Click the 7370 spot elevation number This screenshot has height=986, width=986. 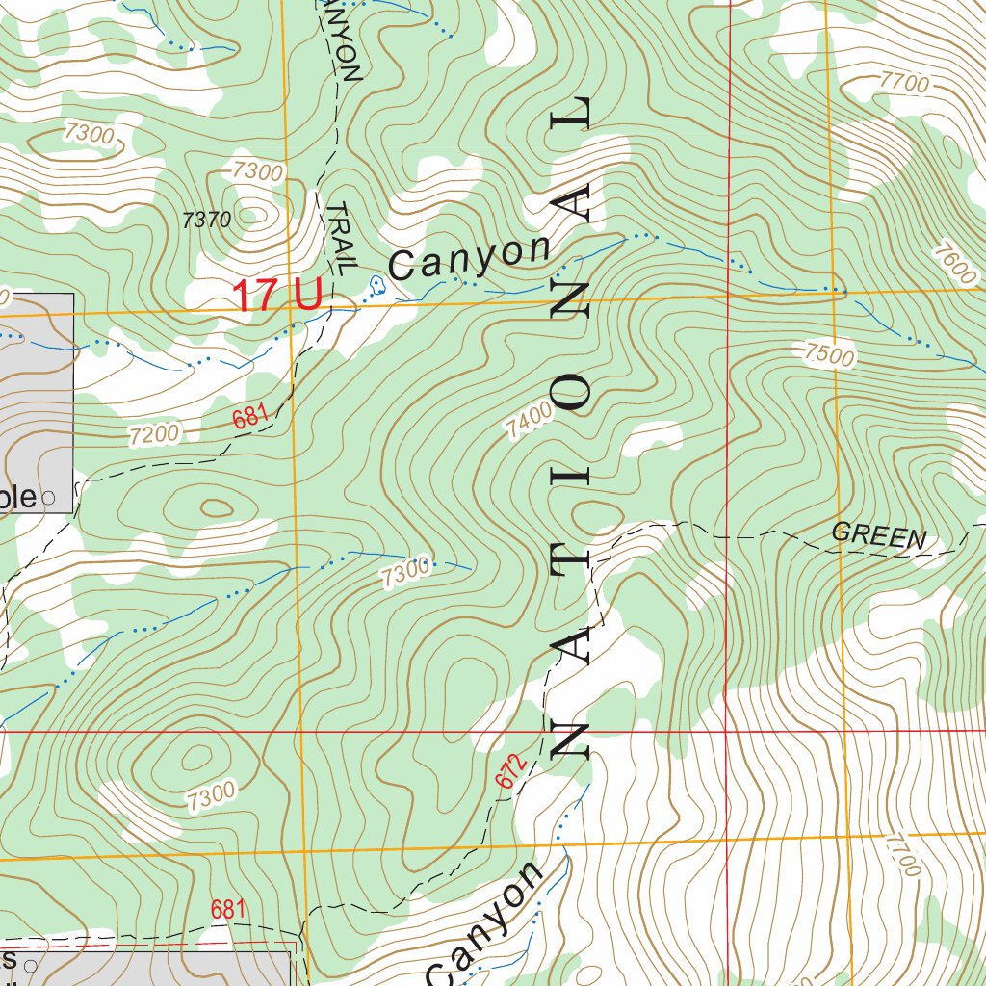(206, 220)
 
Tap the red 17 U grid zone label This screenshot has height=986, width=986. (277, 296)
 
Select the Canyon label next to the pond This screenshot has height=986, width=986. (471, 257)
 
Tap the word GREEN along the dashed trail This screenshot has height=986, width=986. (878, 536)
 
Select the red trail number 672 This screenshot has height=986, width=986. (512, 771)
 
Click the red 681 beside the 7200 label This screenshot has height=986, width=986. (249, 418)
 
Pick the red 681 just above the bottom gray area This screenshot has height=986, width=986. (228, 909)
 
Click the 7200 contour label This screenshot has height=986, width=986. (154, 434)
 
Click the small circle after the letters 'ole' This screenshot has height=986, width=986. (49, 499)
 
